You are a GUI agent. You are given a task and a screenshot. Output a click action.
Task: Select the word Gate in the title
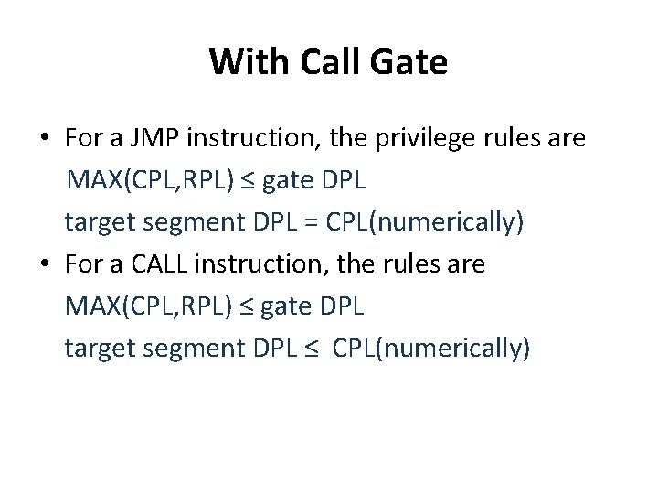point(410,62)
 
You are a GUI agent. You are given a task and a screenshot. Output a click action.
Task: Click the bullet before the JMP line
point(45,139)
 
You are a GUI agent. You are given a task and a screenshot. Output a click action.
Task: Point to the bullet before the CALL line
point(45,265)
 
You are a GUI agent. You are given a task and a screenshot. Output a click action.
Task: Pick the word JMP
point(147,139)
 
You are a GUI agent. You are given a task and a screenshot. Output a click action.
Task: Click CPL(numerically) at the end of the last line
point(431,349)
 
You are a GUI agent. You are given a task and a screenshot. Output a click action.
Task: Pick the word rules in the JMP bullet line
point(517,139)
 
